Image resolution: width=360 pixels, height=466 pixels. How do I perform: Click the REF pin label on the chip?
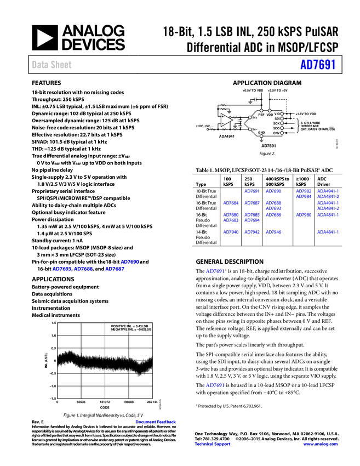(261, 115)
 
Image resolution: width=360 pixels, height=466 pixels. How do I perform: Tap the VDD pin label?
(270, 115)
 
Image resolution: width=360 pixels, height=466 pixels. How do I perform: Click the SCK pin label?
(277, 123)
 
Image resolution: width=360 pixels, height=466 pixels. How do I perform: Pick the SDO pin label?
(277, 128)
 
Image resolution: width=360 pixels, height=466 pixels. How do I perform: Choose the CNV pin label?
(277, 133)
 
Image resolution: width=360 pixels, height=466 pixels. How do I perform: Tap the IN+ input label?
(255, 117)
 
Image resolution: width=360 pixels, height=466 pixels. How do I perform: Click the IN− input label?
(255, 129)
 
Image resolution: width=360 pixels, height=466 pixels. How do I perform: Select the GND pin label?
(261, 132)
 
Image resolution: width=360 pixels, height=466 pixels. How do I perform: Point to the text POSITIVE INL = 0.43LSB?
(130, 326)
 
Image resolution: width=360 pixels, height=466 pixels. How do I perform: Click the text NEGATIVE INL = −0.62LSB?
(130, 329)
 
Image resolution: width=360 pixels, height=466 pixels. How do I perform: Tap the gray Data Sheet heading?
(52, 65)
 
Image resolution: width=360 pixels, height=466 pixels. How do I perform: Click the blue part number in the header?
(317, 65)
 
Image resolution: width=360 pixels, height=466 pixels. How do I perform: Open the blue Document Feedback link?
(156, 422)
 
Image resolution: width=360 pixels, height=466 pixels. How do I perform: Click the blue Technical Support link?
(213, 444)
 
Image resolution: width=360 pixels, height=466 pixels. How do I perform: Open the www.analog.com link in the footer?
(321, 444)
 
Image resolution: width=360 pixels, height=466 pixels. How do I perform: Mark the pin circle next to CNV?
(282, 133)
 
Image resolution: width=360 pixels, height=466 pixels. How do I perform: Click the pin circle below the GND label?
(261, 136)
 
